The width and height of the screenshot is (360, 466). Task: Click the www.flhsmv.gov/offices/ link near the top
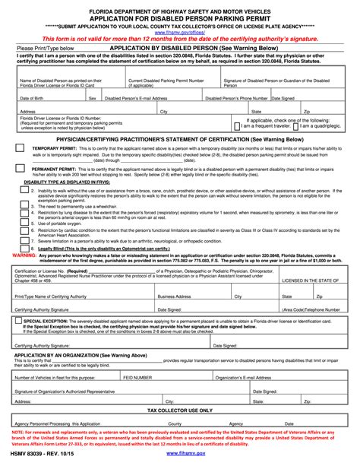tap(180, 34)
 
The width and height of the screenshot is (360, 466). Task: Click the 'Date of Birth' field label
tap(31, 98)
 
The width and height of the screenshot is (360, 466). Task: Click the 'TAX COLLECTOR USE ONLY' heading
tap(180, 410)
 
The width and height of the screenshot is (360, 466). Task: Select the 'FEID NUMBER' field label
tap(138, 376)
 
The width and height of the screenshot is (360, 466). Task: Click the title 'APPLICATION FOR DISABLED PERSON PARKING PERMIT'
tap(180, 20)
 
